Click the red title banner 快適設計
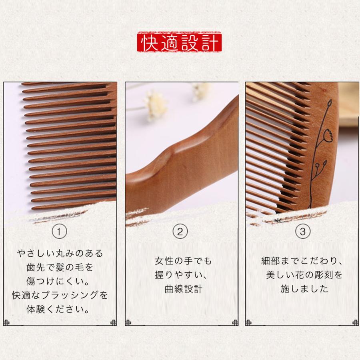[180, 42]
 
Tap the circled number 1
[60, 231]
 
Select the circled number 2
[180, 231]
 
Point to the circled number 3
[302, 231]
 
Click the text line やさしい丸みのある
[60, 254]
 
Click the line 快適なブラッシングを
[60, 295]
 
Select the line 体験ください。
[60, 309]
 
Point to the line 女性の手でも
[183, 261]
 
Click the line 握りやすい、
[183, 275]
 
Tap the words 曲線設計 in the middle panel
[183, 289]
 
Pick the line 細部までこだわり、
[301, 261]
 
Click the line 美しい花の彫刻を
[304, 275]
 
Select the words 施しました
[302, 289]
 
